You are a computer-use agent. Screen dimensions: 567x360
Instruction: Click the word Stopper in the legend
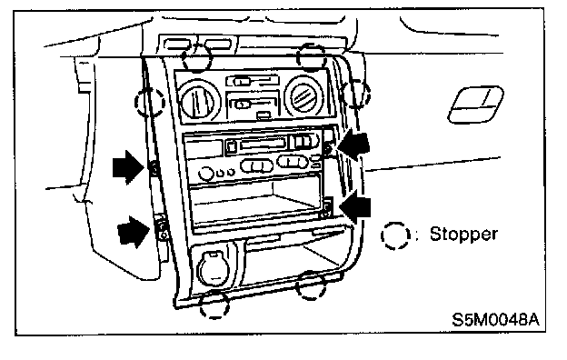[x=463, y=235]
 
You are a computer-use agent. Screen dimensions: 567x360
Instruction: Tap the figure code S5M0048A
[x=496, y=319]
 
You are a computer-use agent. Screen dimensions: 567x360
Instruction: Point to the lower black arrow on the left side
[x=133, y=232]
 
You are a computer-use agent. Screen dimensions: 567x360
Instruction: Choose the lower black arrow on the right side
[x=354, y=207]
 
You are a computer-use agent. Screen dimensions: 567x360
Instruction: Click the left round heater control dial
[x=200, y=99]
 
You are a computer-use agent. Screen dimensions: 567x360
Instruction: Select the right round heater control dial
[x=303, y=95]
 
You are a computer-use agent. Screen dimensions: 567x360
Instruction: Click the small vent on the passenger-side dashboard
[x=475, y=104]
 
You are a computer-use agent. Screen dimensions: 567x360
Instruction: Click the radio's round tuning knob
[x=205, y=174]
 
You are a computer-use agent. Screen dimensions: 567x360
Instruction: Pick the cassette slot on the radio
[x=261, y=145]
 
